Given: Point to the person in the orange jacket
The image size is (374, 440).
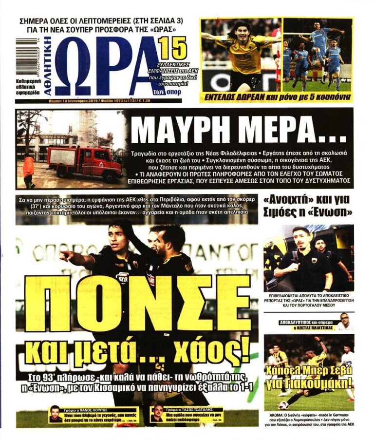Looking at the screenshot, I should pyautogui.click(x=29, y=170).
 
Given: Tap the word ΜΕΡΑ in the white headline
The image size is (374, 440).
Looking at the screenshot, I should pyautogui.click(x=290, y=130).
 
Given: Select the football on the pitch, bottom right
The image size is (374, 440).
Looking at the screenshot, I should pyautogui.click(x=283, y=405).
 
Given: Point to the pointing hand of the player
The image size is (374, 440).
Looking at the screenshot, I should pyautogui.click(x=65, y=255).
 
